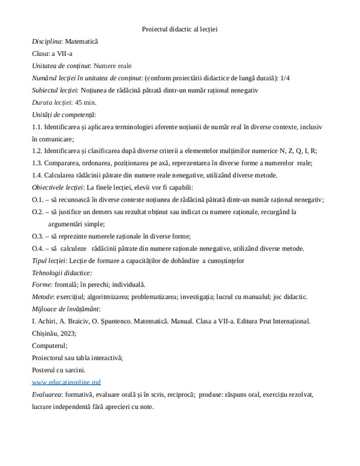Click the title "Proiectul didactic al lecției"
(x=179, y=29)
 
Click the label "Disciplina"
(x=47, y=42)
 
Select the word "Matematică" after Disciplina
(x=82, y=42)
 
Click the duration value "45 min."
(x=86, y=102)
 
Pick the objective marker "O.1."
(x=38, y=199)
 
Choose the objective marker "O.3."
(x=38, y=236)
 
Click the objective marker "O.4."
(x=38, y=248)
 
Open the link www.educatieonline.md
(x=66, y=382)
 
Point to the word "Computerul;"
(x=50, y=345)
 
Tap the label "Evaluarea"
(x=47, y=394)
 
